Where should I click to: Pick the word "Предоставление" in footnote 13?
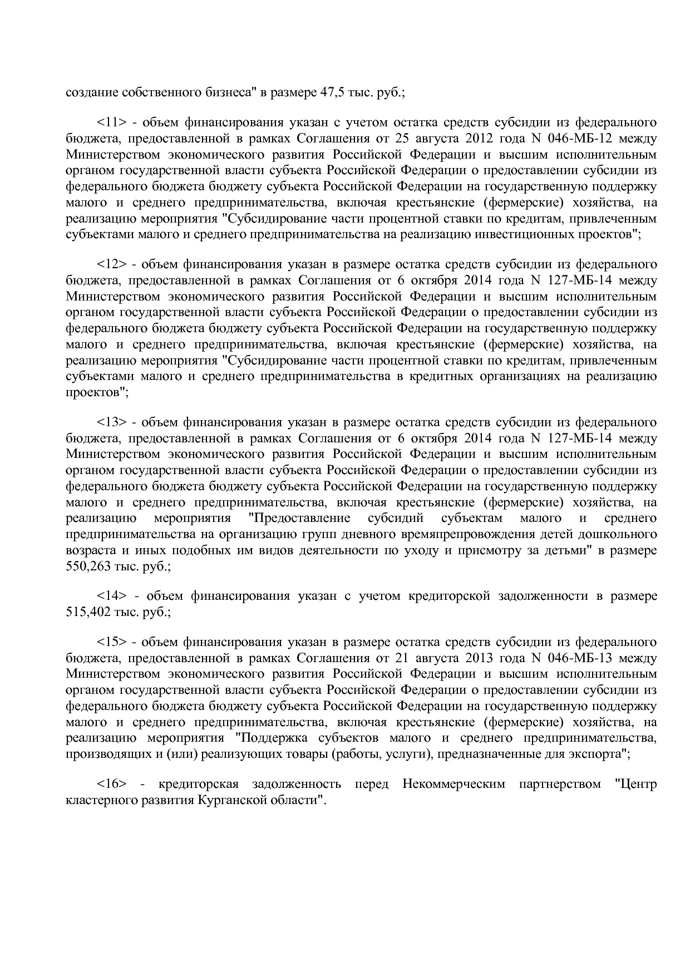click(x=301, y=519)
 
